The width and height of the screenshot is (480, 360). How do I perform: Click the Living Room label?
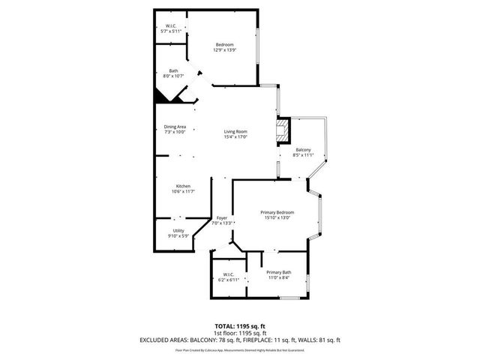(x=235, y=132)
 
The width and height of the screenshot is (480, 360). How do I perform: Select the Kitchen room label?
(x=183, y=186)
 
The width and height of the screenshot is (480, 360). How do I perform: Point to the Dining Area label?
(x=175, y=127)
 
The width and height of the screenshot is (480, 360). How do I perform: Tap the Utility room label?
(x=178, y=231)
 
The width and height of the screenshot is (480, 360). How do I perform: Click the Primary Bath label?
(x=278, y=272)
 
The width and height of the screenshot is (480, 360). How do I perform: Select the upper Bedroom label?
(x=225, y=45)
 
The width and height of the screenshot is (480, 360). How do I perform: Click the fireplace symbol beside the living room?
(x=283, y=132)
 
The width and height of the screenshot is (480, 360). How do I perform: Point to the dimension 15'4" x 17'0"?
(x=235, y=137)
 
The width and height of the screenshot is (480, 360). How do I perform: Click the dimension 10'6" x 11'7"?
(x=183, y=191)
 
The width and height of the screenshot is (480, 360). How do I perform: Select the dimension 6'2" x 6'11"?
(x=227, y=279)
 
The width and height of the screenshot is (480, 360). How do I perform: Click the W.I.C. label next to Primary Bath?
(x=227, y=274)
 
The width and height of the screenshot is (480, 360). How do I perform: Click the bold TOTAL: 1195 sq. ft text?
(x=240, y=326)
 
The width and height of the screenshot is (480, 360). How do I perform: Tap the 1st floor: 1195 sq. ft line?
(x=240, y=333)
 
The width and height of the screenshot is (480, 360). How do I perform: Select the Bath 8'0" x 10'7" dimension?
(x=173, y=76)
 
